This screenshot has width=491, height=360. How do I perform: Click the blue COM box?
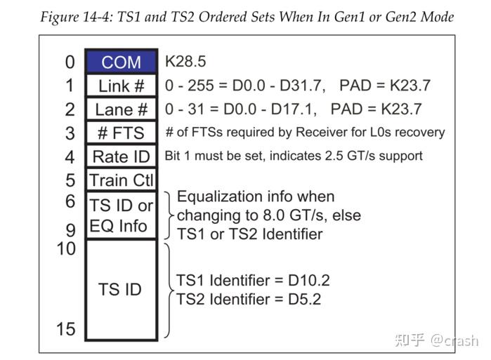121,62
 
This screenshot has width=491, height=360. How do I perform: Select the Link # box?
121,86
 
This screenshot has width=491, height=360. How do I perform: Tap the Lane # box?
121,109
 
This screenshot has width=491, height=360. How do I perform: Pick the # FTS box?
121,133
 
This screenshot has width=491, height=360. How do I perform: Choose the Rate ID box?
121,156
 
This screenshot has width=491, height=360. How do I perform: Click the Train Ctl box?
121,180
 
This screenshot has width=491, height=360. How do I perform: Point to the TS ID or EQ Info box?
121,215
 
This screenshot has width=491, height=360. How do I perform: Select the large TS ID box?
121,289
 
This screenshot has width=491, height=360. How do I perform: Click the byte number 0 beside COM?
70,62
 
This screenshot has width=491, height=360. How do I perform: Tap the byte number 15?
65,328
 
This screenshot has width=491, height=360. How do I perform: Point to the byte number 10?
65,248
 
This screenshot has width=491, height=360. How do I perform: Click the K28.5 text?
185,62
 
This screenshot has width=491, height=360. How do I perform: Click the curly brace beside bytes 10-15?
169,289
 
